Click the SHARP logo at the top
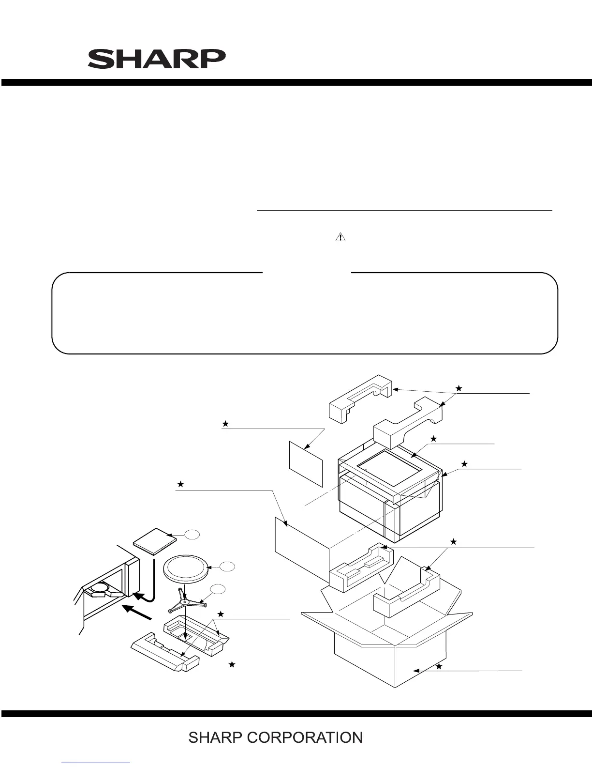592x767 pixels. (156, 59)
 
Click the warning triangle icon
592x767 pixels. (340, 237)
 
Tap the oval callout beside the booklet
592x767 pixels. (192, 534)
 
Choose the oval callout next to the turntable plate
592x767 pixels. (227, 566)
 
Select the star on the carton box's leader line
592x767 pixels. (439, 666)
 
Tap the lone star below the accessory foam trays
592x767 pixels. (232, 665)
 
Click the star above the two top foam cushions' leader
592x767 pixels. (459, 388)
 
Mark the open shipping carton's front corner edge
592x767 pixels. (396, 666)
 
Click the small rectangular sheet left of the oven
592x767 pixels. (305, 463)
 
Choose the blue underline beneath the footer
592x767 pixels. (96, 763)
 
